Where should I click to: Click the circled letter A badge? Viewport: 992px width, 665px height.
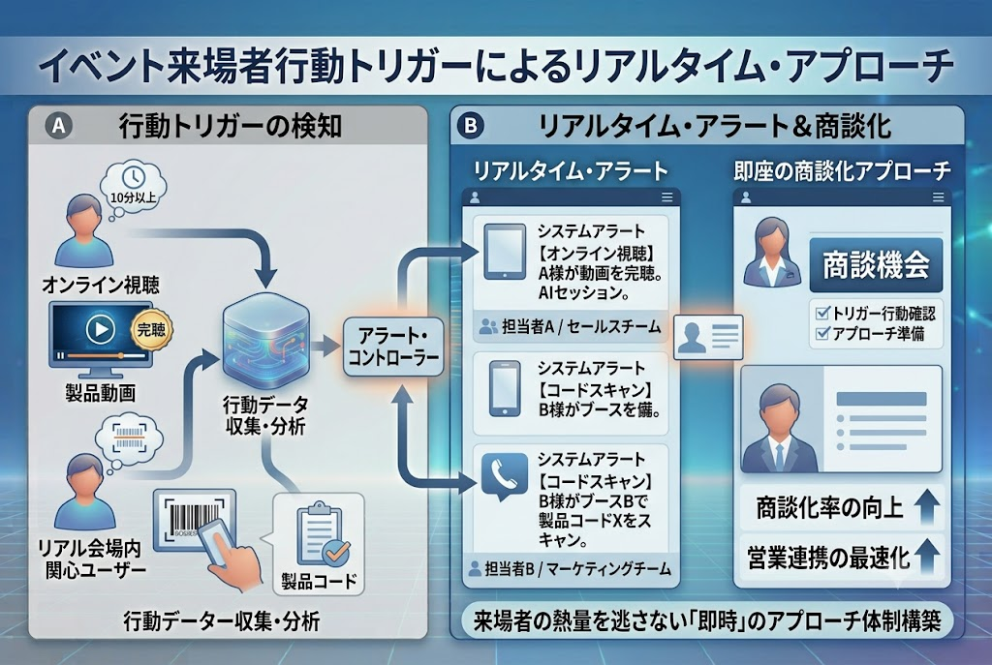click(x=59, y=126)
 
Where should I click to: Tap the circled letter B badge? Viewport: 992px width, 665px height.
click(x=470, y=126)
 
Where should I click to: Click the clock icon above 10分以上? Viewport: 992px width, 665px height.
click(x=133, y=177)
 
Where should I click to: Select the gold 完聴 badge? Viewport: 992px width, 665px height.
click(x=151, y=329)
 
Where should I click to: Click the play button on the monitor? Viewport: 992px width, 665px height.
click(x=100, y=329)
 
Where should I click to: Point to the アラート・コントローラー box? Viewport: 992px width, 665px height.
click(x=393, y=348)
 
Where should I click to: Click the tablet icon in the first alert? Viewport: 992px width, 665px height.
click(x=504, y=252)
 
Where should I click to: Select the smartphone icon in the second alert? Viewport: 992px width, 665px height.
click(x=505, y=389)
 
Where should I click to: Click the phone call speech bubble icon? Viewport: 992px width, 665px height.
click(x=504, y=476)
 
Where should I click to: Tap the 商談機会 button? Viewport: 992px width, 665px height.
click(x=876, y=265)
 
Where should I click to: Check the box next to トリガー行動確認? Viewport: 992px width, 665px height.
click(x=822, y=313)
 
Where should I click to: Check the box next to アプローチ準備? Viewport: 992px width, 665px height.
click(x=822, y=333)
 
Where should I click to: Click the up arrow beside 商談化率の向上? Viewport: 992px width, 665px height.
click(x=927, y=507)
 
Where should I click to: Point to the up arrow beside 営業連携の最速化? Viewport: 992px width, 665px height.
click(x=927, y=556)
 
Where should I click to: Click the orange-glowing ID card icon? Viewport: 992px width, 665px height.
click(x=708, y=337)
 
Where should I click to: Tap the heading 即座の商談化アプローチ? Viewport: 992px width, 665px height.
click(x=842, y=170)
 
